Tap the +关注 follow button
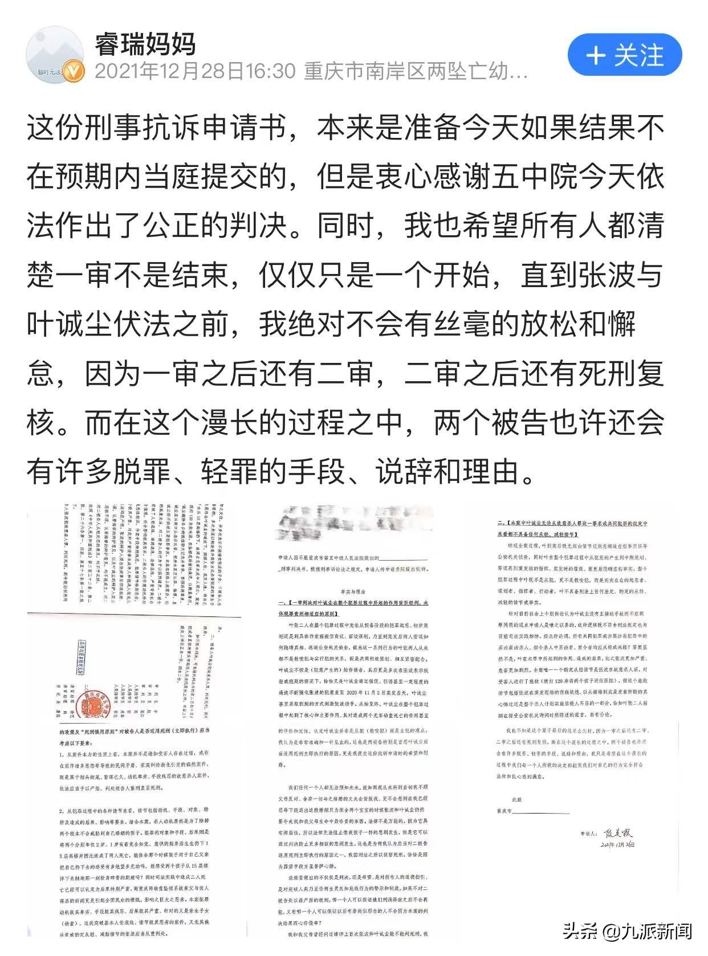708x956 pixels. click(x=625, y=56)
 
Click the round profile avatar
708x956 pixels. click(x=55, y=55)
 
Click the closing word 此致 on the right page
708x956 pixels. click(x=516, y=799)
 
